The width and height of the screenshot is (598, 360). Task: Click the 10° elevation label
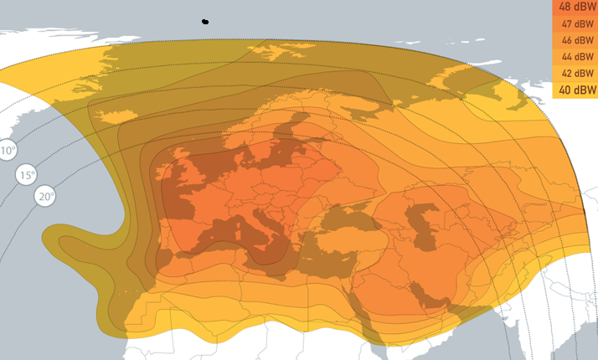pyautogui.click(x=8, y=151)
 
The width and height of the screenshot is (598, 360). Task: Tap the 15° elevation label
pyautogui.click(x=27, y=175)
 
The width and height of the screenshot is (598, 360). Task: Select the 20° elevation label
pyautogui.click(x=45, y=197)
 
